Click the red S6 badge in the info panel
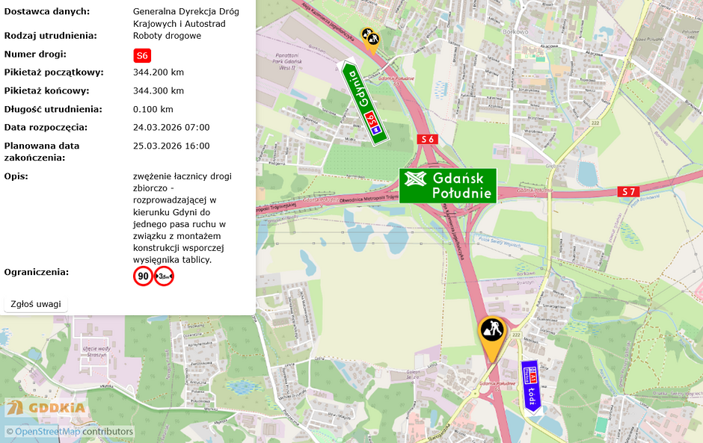point(142,55)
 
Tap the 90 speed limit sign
point(143,276)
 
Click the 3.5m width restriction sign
point(164,276)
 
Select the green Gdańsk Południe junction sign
point(448,186)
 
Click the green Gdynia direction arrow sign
point(364,103)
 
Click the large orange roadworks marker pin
point(491,334)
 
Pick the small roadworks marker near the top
point(370,39)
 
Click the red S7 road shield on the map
point(629,192)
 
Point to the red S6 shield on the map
point(427,139)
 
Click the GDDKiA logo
point(46,408)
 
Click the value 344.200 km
point(159,72)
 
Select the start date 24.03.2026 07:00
point(171,128)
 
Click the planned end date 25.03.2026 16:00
point(171,146)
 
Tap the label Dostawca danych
point(46,11)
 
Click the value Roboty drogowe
point(167,36)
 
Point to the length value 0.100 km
point(153,109)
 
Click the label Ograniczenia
point(37,272)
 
